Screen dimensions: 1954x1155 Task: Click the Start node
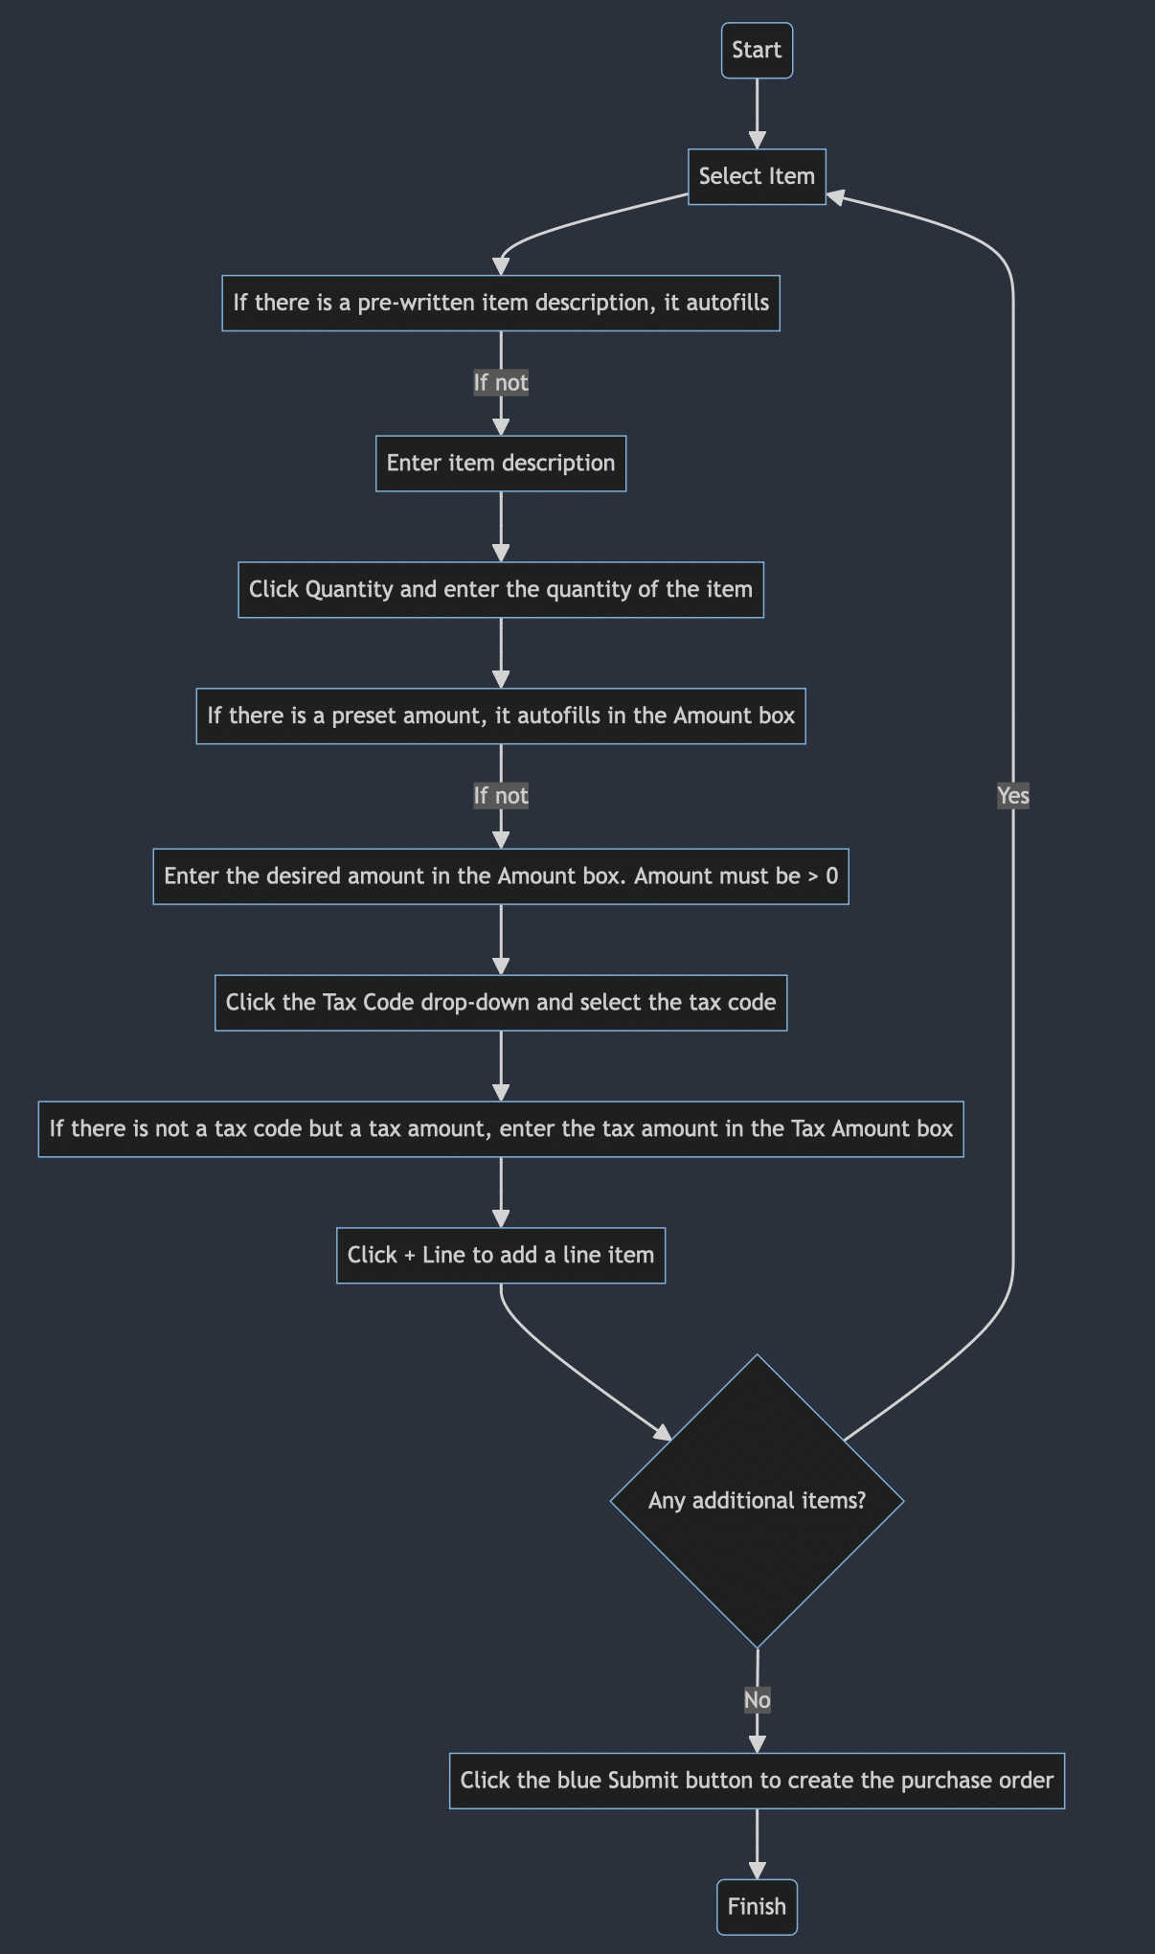click(x=757, y=50)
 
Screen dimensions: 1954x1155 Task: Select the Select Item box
click(x=757, y=176)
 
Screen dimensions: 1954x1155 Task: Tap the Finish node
click(x=757, y=1906)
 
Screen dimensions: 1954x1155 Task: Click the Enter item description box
click(x=501, y=464)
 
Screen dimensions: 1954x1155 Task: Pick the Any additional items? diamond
click(x=757, y=1500)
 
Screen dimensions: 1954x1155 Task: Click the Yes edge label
click(x=1012, y=795)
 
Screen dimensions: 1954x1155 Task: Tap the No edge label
click(x=757, y=1699)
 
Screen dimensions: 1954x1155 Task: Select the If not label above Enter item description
click(x=501, y=382)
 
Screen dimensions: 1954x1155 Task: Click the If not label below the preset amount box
click(x=501, y=795)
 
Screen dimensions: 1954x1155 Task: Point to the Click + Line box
click(x=501, y=1255)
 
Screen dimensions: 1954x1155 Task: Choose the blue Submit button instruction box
click(x=757, y=1780)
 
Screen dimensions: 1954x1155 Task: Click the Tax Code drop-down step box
click(x=501, y=1002)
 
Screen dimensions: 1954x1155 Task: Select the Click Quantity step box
click(x=501, y=589)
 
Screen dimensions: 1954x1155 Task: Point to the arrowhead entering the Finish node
click(x=757, y=1870)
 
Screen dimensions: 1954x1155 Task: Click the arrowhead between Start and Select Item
click(x=757, y=139)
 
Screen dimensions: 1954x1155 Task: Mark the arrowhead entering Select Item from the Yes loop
click(x=835, y=196)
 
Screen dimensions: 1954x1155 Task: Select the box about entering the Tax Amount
click(x=501, y=1128)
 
